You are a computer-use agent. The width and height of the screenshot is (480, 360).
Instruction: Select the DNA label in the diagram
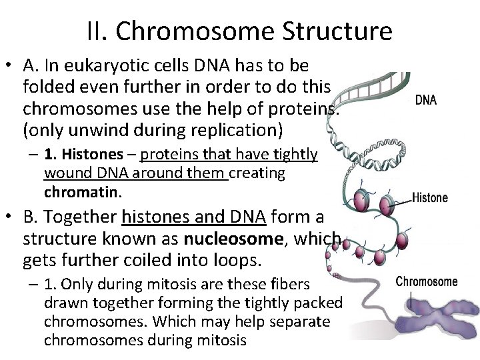[x=426, y=101]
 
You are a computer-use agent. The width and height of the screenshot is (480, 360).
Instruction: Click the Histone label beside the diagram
[x=430, y=198]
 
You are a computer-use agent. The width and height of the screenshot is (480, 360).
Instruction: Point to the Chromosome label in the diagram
[x=427, y=281]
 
